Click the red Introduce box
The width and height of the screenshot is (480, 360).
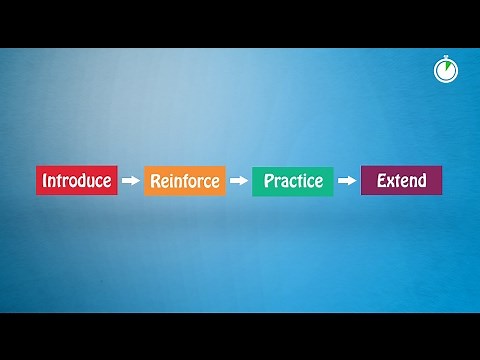click(77, 181)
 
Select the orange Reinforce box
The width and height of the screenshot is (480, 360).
click(185, 181)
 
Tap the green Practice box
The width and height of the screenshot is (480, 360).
click(293, 181)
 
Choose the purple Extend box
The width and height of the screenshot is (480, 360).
click(401, 181)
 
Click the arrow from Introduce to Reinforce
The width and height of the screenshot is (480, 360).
click(130, 181)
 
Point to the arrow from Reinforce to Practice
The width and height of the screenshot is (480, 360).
click(238, 181)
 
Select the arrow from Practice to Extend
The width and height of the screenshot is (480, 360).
click(346, 181)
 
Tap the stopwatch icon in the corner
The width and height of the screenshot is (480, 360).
click(446, 71)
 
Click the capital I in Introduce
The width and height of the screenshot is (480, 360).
click(43, 181)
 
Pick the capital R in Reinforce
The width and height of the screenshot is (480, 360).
click(154, 181)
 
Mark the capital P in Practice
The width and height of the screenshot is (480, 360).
click(267, 181)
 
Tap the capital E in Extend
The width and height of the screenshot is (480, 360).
click(380, 181)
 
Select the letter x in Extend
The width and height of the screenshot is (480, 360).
click(390, 182)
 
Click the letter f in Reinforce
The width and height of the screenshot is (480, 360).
click(186, 181)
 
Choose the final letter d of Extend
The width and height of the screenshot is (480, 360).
click(421, 181)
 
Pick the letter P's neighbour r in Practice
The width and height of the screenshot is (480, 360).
click(276, 182)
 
